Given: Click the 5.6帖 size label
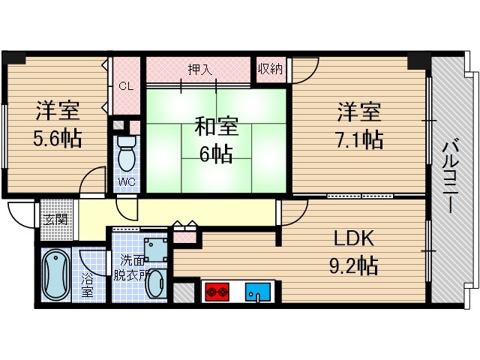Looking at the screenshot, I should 57,139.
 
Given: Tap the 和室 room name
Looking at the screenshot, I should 215,125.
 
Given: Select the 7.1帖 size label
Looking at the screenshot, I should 359,139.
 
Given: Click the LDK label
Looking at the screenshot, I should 353,240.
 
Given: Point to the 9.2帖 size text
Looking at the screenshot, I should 354,265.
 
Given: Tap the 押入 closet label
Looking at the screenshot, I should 199,69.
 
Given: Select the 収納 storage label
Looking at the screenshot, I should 270,69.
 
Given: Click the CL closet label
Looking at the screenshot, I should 126,85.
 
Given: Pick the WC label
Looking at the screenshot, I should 126,181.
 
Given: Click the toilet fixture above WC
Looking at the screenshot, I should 127,152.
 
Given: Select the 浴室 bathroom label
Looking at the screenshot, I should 87,286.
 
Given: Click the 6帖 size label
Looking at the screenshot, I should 215,154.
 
